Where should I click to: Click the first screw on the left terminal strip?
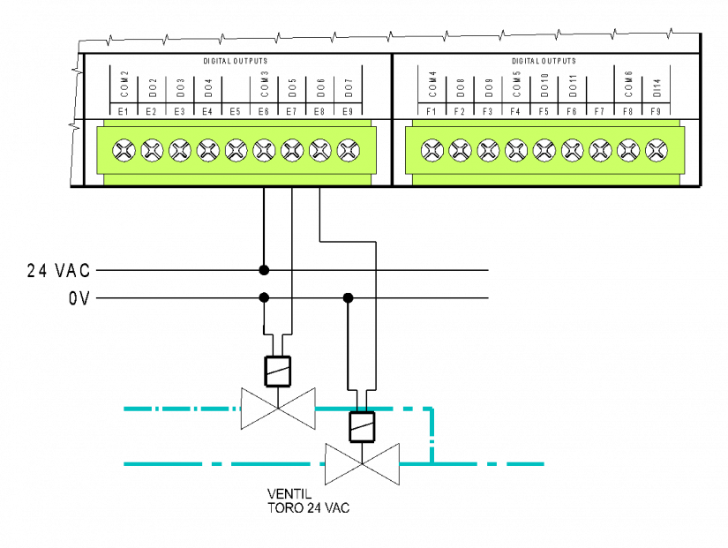pyautogui.click(x=124, y=151)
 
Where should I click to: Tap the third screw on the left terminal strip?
pyautogui.click(x=180, y=151)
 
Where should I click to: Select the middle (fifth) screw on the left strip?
pyautogui.click(x=236, y=151)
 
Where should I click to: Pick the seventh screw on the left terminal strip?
pyautogui.click(x=292, y=151)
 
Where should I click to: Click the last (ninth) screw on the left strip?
pyautogui.click(x=349, y=151)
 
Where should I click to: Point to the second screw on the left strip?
pyautogui.click(x=152, y=151)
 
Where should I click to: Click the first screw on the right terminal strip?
pyautogui.click(x=432, y=151)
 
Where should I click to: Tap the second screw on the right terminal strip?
pyautogui.click(x=461, y=151)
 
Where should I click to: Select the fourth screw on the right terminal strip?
pyautogui.click(x=516, y=151)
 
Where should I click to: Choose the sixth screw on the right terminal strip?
pyautogui.click(x=573, y=151)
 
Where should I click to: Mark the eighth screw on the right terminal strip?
pyautogui.click(x=628, y=151)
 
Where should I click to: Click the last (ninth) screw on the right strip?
pyautogui.click(x=657, y=151)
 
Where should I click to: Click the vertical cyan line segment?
pyautogui.click(x=432, y=434)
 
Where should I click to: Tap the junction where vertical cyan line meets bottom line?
pyautogui.click(x=432, y=463)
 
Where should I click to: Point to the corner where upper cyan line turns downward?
pyautogui.click(x=431, y=409)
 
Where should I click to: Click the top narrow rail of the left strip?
pyautogui.click(x=237, y=124)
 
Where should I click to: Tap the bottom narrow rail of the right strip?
pyautogui.click(x=545, y=179)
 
